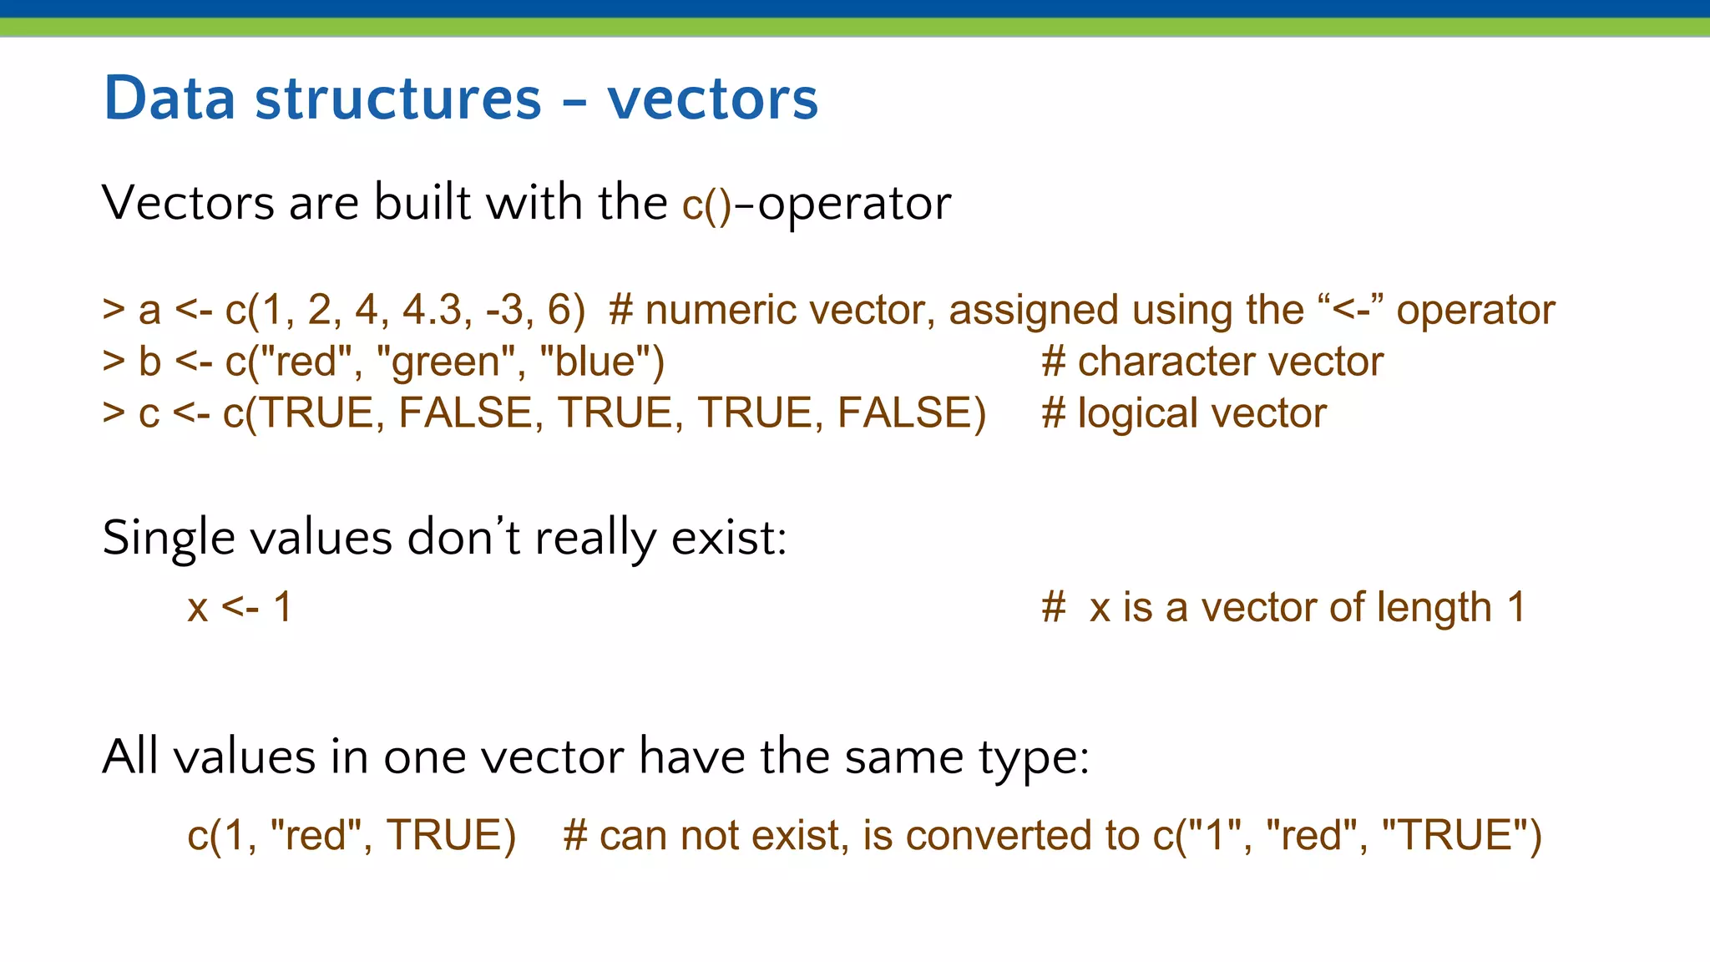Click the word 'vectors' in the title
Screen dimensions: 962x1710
click(x=712, y=99)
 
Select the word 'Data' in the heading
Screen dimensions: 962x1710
click(x=169, y=99)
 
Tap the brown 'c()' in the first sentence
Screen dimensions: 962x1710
click(x=706, y=204)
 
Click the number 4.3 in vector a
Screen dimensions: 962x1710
click(x=432, y=310)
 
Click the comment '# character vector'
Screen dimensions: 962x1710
click(x=1212, y=362)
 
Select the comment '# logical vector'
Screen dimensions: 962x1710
click(x=1184, y=413)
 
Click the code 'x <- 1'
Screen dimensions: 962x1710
click(x=240, y=607)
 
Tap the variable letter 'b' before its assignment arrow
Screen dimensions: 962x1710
click(x=149, y=362)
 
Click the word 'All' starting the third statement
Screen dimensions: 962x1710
click(x=130, y=757)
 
